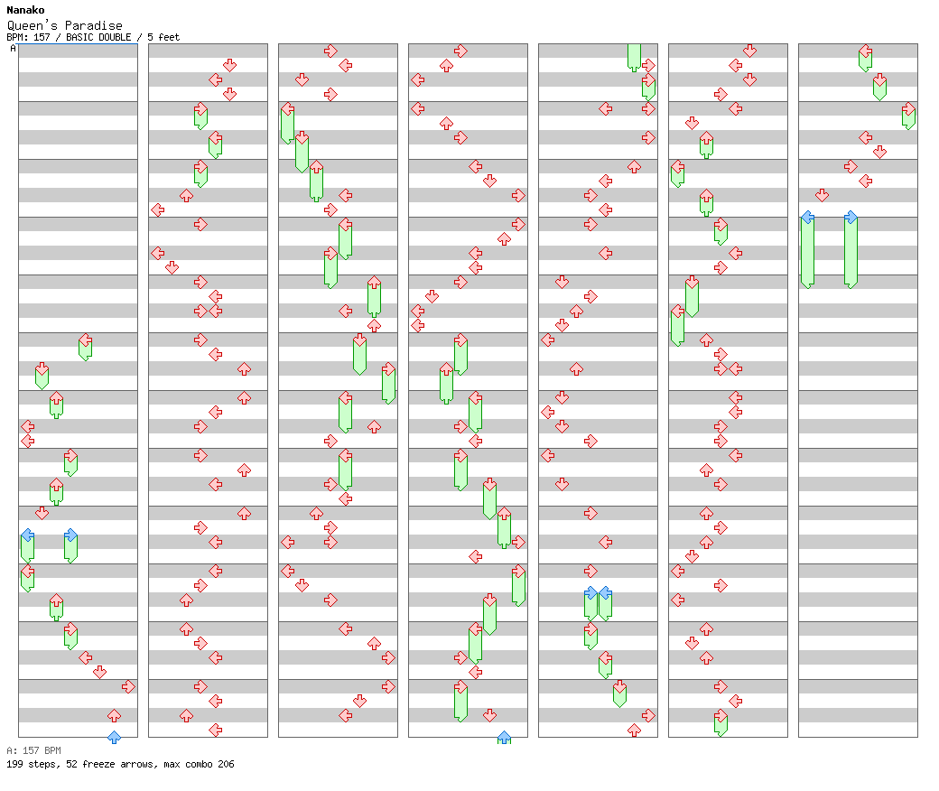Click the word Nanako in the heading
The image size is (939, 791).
point(25,10)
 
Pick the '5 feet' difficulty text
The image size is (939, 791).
point(163,37)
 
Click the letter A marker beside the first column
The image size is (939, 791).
point(13,49)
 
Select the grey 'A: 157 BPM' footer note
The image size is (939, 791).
point(33,750)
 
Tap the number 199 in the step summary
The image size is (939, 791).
point(14,764)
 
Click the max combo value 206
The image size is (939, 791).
point(225,764)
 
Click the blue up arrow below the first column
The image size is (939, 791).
point(114,738)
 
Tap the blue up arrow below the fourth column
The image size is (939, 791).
point(504,738)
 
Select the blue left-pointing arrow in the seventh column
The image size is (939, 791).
point(807,217)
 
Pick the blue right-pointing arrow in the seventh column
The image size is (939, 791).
point(851,217)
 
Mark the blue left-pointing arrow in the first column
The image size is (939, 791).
point(27,535)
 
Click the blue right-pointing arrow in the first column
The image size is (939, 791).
point(70,535)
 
